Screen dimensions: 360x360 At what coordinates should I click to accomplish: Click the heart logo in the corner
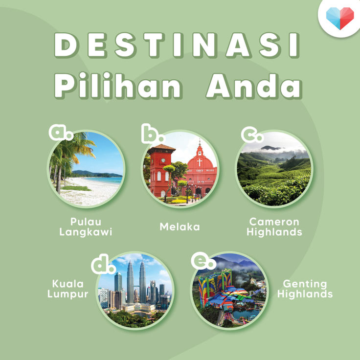point(340,18)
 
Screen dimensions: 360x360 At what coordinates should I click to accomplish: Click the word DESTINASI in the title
point(177,45)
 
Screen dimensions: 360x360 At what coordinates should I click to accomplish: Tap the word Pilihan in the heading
point(118,86)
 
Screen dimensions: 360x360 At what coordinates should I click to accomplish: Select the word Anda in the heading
point(254,86)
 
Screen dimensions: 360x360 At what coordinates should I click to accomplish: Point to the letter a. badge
point(61,133)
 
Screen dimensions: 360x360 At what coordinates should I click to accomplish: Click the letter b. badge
point(153,134)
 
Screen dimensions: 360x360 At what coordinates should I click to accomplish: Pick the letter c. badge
point(252,135)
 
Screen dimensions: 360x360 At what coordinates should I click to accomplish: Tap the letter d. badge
point(103,264)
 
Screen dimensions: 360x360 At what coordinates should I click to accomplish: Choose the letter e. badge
point(203,261)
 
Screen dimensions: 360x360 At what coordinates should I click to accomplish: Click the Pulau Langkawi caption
point(86,227)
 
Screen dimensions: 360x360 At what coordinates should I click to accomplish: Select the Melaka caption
point(180,227)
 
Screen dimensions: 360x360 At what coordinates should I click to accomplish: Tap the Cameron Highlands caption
point(274,227)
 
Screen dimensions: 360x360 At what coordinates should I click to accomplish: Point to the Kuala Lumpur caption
point(67,289)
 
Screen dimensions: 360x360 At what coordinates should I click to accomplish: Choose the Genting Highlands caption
point(305,289)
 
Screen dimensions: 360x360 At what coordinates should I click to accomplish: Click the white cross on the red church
point(200,162)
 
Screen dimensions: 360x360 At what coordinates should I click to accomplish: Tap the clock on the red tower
point(163,160)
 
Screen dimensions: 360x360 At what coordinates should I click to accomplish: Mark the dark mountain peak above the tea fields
point(271,148)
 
